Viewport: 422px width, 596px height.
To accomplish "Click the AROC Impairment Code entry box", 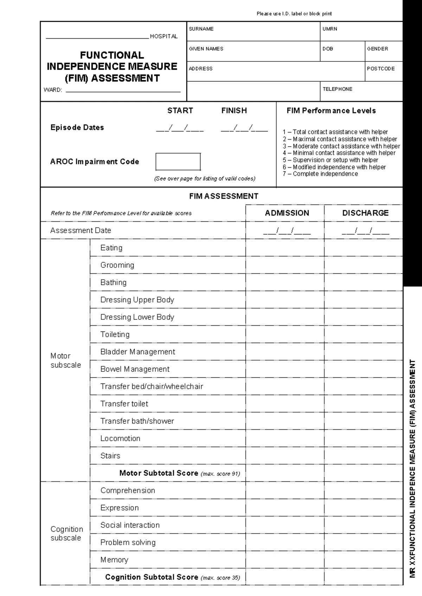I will point(178,162).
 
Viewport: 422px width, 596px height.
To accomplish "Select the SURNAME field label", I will point(201,29).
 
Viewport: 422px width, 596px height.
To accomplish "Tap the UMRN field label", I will point(330,29).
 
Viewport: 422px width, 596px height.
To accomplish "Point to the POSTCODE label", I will point(381,69).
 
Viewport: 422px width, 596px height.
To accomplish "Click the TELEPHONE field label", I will point(337,89).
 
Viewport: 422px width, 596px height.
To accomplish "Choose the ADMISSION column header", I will point(287,213).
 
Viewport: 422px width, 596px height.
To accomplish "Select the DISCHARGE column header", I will point(365,213).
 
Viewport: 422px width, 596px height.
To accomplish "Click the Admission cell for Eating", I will point(285,248).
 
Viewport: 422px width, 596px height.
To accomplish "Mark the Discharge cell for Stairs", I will point(363,456).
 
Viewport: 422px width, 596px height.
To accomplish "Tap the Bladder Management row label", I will point(138,352).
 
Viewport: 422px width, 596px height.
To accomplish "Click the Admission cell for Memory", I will point(285,560).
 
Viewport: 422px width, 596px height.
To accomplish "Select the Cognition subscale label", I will point(66,533).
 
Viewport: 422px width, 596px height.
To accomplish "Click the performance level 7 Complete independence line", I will point(320,174).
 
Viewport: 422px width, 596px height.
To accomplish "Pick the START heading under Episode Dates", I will point(180,111).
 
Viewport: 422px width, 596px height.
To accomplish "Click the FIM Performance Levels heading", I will point(331,111).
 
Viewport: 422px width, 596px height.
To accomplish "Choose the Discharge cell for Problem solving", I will point(363,543).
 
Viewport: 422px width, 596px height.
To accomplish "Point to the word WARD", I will point(53,90).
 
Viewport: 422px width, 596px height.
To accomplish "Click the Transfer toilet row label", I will point(124,404).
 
